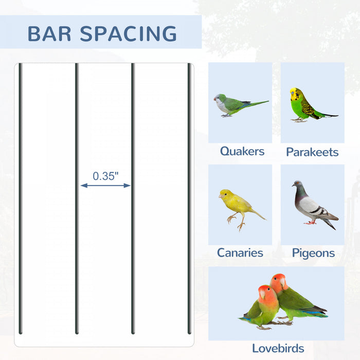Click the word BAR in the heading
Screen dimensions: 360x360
tap(49, 33)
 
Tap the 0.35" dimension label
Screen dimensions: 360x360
tap(105, 176)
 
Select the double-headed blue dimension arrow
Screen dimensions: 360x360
tap(105, 186)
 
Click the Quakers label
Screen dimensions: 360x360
tap(242, 151)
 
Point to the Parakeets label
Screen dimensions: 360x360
tap(312, 152)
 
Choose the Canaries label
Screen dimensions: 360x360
tap(240, 253)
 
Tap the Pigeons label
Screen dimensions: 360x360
tap(313, 253)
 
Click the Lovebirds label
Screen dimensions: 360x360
tap(278, 348)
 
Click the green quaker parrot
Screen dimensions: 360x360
tap(231, 105)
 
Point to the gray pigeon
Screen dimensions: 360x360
tap(313, 205)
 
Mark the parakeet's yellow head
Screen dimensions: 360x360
tap(295, 94)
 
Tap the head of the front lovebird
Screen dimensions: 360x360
tap(264, 293)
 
